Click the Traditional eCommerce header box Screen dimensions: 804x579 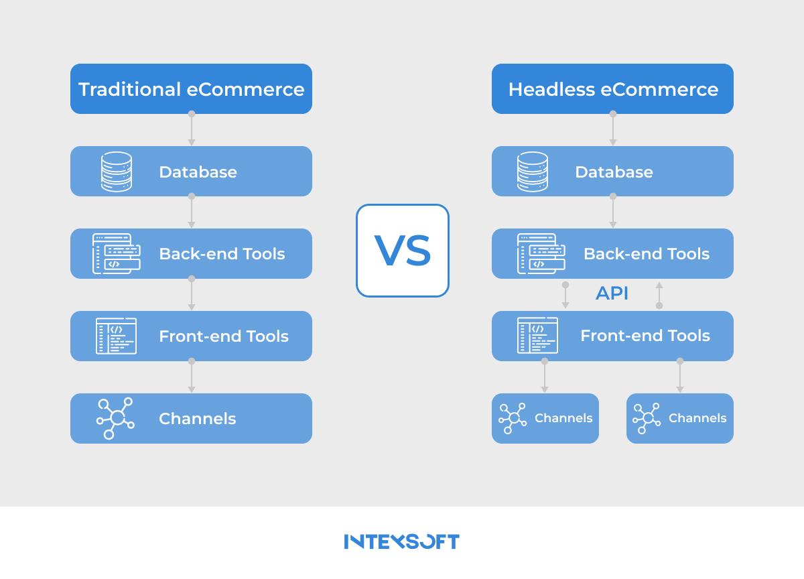click(x=191, y=88)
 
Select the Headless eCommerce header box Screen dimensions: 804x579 click(x=612, y=88)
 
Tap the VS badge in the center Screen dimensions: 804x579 click(x=403, y=251)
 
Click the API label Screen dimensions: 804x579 click(x=612, y=294)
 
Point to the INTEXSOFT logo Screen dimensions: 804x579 click(x=401, y=541)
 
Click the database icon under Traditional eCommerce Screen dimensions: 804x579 click(x=117, y=172)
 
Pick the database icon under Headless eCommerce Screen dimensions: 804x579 click(x=532, y=172)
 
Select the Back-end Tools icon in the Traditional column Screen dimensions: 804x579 click(x=117, y=254)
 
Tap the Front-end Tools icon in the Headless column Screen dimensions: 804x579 click(x=537, y=335)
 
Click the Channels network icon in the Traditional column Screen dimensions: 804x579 click(x=115, y=418)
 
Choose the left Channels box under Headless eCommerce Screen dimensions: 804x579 click(x=545, y=419)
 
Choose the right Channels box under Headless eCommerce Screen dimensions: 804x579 click(x=680, y=419)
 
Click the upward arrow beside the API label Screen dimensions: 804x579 click(x=659, y=296)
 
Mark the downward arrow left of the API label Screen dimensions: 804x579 click(x=565, y=295)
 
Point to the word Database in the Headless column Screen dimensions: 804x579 click(x=614, y=172)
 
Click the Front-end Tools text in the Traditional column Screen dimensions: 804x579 click(x=224, y=336)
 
